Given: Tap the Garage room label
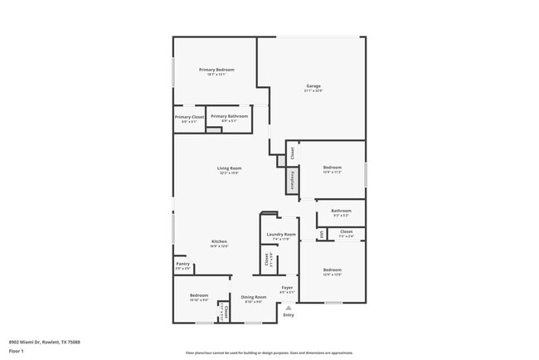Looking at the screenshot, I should point(313,85).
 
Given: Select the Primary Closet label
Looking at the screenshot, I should point(189,117).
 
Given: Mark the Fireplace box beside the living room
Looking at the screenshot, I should point(292,180).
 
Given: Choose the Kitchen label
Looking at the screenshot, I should point(219,241).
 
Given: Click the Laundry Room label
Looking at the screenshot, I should point(281,235).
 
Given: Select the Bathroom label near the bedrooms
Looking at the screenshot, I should point(341,211).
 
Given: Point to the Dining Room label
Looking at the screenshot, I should point(254,296).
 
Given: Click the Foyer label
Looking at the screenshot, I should point(287,288).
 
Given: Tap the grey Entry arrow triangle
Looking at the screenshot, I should point(289,307).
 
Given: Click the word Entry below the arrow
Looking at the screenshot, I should point(289,315).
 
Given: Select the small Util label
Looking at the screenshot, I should point(321,235).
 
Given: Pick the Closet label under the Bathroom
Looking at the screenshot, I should point(347,231).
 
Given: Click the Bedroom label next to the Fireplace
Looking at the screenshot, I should point(333,168).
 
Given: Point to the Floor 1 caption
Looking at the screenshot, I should point(17,351).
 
